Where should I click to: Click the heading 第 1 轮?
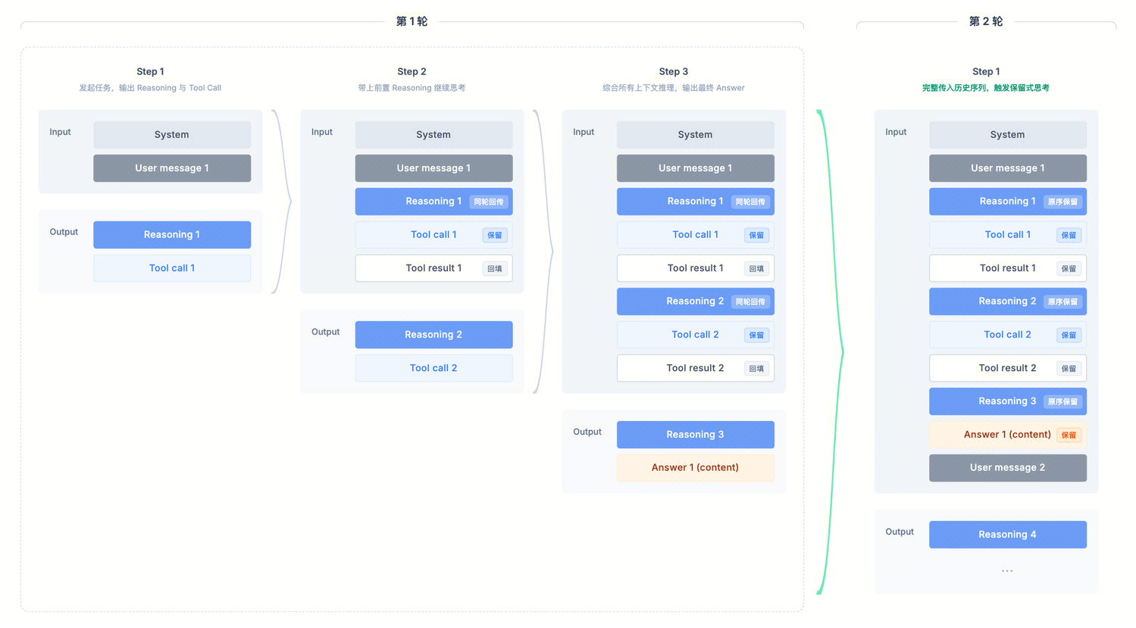click(x=412, y=21)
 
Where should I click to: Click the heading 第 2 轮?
click(x=986, y=21)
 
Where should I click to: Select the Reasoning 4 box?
click(x=1008, y=534)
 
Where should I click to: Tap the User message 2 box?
click(x=1008, y=467)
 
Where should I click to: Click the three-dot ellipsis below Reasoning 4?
click(x=1007, y=570)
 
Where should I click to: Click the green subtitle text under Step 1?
click(x=985, y=88)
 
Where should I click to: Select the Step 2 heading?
click(x=412, y=71)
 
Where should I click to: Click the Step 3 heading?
click(x=674, y=71)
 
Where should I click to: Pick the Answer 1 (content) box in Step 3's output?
click(x=695, y=467)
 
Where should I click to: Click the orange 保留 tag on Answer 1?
click(x=1069, y=435)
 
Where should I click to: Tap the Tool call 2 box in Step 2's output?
click(x=433, y=368)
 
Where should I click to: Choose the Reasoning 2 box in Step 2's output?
click(x=433, y=334)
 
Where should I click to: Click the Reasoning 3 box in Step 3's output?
click(x=695, y=435)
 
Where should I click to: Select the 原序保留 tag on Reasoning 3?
click(x=1062, y=401)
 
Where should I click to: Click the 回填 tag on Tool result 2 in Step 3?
click(x=756, y=369)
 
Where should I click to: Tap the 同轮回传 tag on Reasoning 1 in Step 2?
click(x=488, y=202)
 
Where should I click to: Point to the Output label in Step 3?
click(x=587, y=432)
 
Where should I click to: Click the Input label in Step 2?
click(x=322, y=132)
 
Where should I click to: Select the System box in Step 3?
click(x=695, y=134)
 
